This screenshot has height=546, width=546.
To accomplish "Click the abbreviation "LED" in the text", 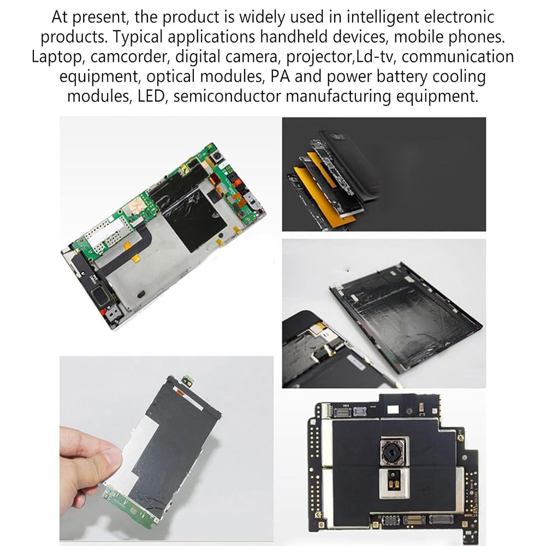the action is click(x=151, y=96).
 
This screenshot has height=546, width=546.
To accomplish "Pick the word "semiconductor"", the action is click(x=227, y=96).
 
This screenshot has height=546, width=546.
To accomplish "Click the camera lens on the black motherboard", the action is click(x=394, y=452).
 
